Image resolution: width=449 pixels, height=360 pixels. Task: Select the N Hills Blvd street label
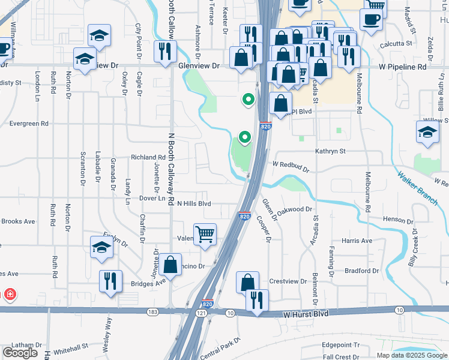pyautogui.click(x=194, y=204)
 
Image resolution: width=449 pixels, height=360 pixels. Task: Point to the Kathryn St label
pyautogui.click(x=331, y=151)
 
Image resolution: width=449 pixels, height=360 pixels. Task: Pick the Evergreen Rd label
pyautogui.click(x=28, y=124)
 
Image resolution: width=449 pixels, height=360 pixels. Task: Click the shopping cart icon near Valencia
pyautogui.click(x=205, y=235)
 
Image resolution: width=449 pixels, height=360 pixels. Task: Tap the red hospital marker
pyautogui.click(x=10, y=295)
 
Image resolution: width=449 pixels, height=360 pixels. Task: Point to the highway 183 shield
pyautogui.click(x=153, y=312)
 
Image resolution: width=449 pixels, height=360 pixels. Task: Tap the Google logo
pyautogui.click(x=20, y=353)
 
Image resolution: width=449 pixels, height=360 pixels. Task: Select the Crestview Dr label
pyautogui.click(x=284, y=281)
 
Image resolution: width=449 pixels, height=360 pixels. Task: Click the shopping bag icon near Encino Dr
pyautogui.click(x=170, y=265)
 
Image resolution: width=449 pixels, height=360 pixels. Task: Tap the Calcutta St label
pyautogui.click(x=396, y=43)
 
